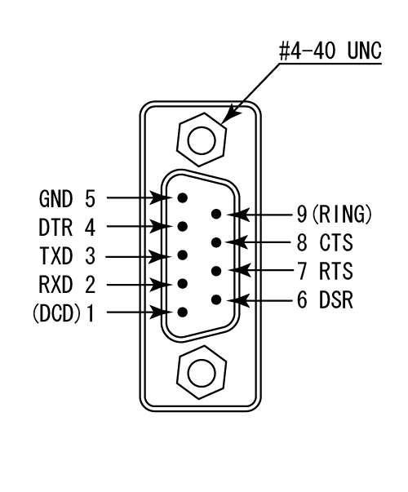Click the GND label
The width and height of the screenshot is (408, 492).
point(55,198)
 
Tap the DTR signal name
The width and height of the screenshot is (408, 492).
point(55,228)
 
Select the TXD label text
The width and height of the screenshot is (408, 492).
point(55,255)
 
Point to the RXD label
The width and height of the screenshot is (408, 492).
point(55,285)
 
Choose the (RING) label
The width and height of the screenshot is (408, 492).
point(341,215)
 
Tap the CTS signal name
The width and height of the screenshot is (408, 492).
point(336,242)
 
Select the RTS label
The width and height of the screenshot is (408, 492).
point(336,271)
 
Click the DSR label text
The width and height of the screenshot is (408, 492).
point(336,300)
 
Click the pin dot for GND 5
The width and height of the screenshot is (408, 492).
point(182,197)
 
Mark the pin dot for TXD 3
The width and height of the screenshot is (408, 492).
point(182,255)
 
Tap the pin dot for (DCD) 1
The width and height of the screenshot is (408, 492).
point(182,312)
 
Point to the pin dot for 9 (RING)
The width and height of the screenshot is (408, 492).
point(216,214)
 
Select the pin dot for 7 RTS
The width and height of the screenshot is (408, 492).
point(216,271)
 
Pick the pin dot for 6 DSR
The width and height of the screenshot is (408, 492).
point(216,299)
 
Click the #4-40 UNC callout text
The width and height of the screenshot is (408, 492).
point(330,51)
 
